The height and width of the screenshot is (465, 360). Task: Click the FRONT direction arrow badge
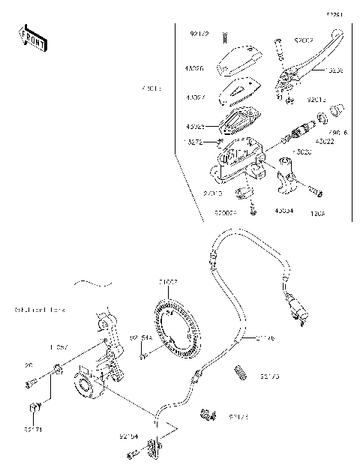click(x=31, y=37)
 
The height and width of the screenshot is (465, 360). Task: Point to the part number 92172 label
click(x=198, y=34)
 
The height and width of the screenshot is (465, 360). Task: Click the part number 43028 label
click(x=195, y=126)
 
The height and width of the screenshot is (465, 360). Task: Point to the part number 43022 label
click(x=324, y=142)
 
